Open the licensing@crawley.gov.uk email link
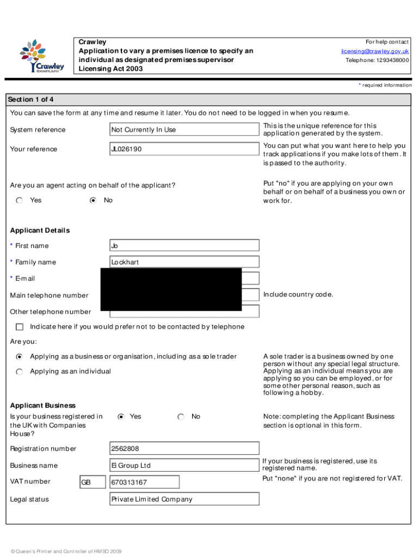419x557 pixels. point(375,51)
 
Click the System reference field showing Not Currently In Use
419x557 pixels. point(184,129)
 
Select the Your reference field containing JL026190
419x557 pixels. point(184,149)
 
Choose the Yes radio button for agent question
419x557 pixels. point(20,201)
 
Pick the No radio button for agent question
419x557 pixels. point(93,201)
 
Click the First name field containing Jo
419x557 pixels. point(184,245)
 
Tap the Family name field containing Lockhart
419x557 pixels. point(184,262)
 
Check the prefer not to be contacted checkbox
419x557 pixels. point(20,327)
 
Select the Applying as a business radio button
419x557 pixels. point(20,357)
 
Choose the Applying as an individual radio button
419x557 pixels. point(20,372)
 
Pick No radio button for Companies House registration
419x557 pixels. point(181,417)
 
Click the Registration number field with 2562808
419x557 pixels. point(184,449)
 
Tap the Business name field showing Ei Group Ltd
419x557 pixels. point(184,466)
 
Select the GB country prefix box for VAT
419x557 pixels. point(93,482)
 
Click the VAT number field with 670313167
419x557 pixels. point(144,482)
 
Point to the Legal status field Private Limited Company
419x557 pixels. point(184,499)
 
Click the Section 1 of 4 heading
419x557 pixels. point(30,100)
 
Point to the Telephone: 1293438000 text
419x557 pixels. point(377,60)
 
